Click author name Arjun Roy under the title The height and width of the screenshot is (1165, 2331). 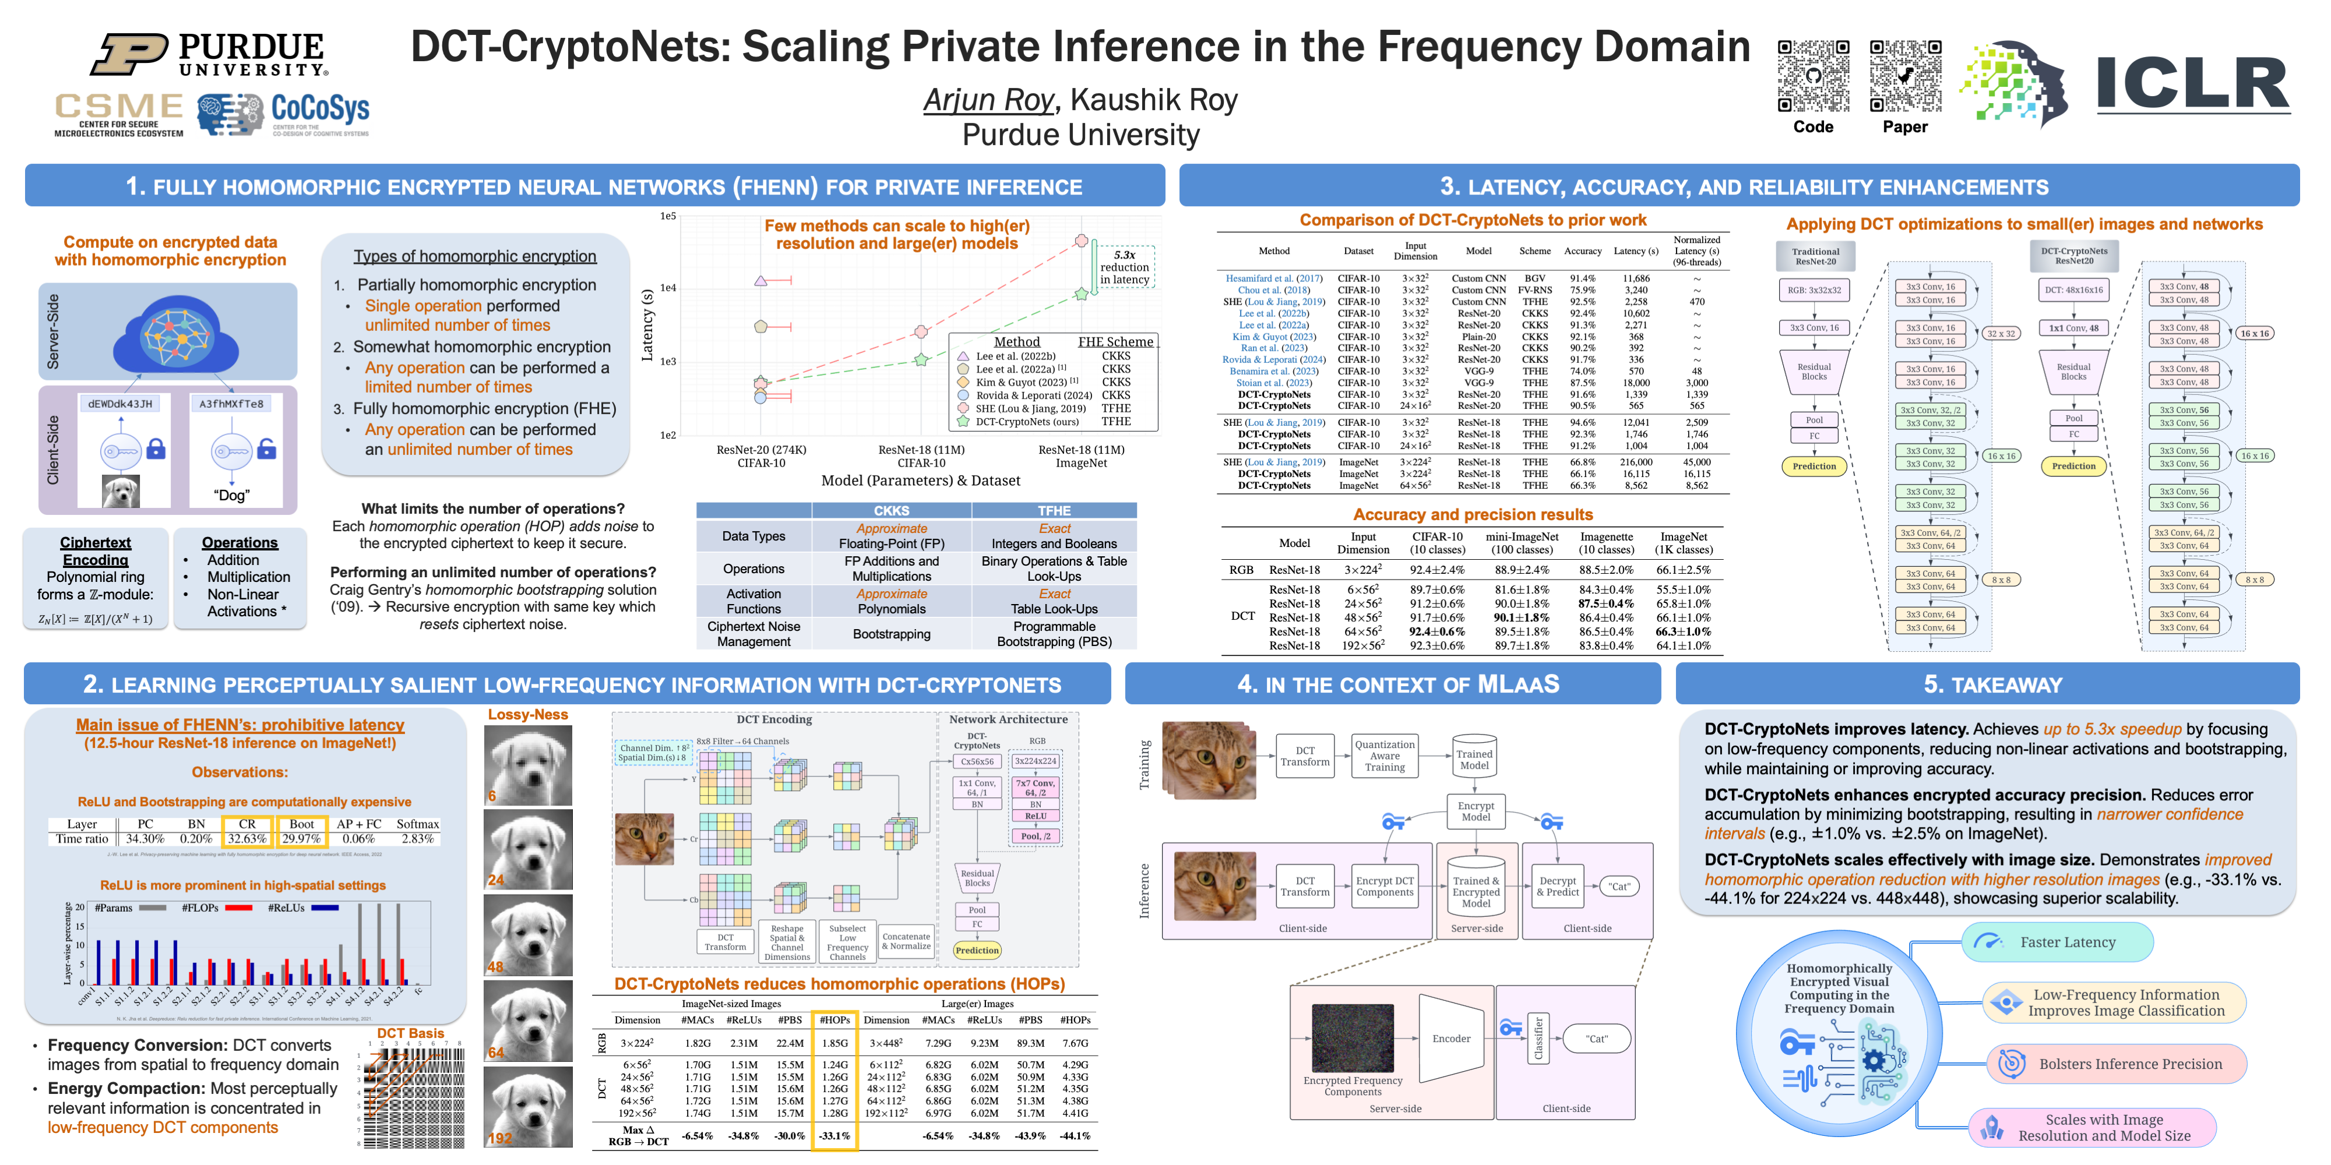[988, 100]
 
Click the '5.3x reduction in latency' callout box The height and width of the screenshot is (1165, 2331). [1124, 267]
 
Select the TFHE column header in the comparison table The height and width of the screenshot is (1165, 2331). [1054, 511]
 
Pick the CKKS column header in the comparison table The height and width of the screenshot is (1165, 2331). [892, 511]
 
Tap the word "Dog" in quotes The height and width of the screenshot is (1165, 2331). [232, 496]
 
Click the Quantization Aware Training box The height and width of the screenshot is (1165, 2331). [1385, 756]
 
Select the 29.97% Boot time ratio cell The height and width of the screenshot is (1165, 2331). [301, 838]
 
